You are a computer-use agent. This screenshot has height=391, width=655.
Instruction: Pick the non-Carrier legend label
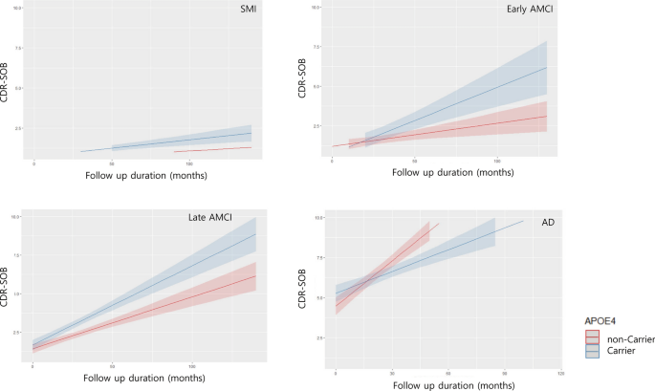pyautogui.click(x=627, y=337)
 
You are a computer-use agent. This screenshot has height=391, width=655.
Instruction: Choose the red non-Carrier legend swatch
pyautogui.click(x=594, y=337)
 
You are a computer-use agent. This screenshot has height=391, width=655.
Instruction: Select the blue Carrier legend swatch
pyautogui.click(x=594, y=351)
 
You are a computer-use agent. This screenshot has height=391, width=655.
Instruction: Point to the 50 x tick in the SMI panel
pyautogui.click(x=113, y=163)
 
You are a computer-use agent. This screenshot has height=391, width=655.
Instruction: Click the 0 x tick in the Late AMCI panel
pyautogui.click(x=33, y=367)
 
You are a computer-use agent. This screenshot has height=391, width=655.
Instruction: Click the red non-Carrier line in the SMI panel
pyautogui.click(x=212, y=149)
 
